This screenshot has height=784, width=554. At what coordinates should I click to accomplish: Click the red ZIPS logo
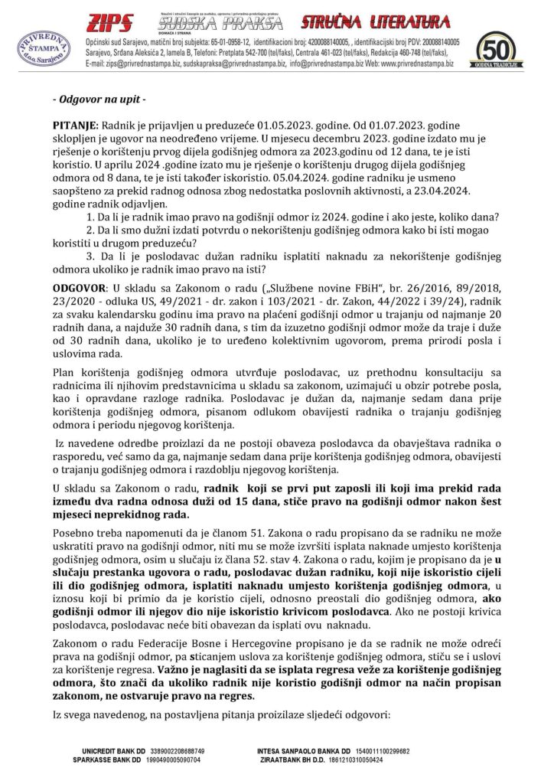(111, 22)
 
